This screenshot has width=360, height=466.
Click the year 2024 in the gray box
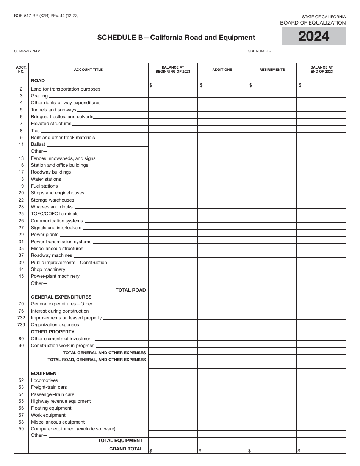[314, 37]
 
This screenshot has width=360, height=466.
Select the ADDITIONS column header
[222, 70]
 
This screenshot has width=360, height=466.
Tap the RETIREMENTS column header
[272, 70]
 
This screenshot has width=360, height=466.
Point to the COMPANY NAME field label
[28, 51]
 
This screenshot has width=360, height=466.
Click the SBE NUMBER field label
[260, 51]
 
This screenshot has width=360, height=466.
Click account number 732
[21, 318]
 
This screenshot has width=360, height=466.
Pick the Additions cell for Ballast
[222, 144]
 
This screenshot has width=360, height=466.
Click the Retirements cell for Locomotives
[272, 380]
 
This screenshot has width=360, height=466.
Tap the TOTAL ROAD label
[130, 290]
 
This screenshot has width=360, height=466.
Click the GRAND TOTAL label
[126, 449]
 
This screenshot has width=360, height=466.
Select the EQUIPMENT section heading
[45, 374]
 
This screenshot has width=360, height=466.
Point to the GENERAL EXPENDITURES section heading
[61, 297]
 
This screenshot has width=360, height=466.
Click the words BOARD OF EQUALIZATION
[313, 23]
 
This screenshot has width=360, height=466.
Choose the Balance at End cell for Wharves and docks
[321, 207]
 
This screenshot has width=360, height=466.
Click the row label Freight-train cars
[49, 387]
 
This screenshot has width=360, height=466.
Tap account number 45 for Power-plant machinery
[21, 276]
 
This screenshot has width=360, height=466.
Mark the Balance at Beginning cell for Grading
[173, 96]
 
